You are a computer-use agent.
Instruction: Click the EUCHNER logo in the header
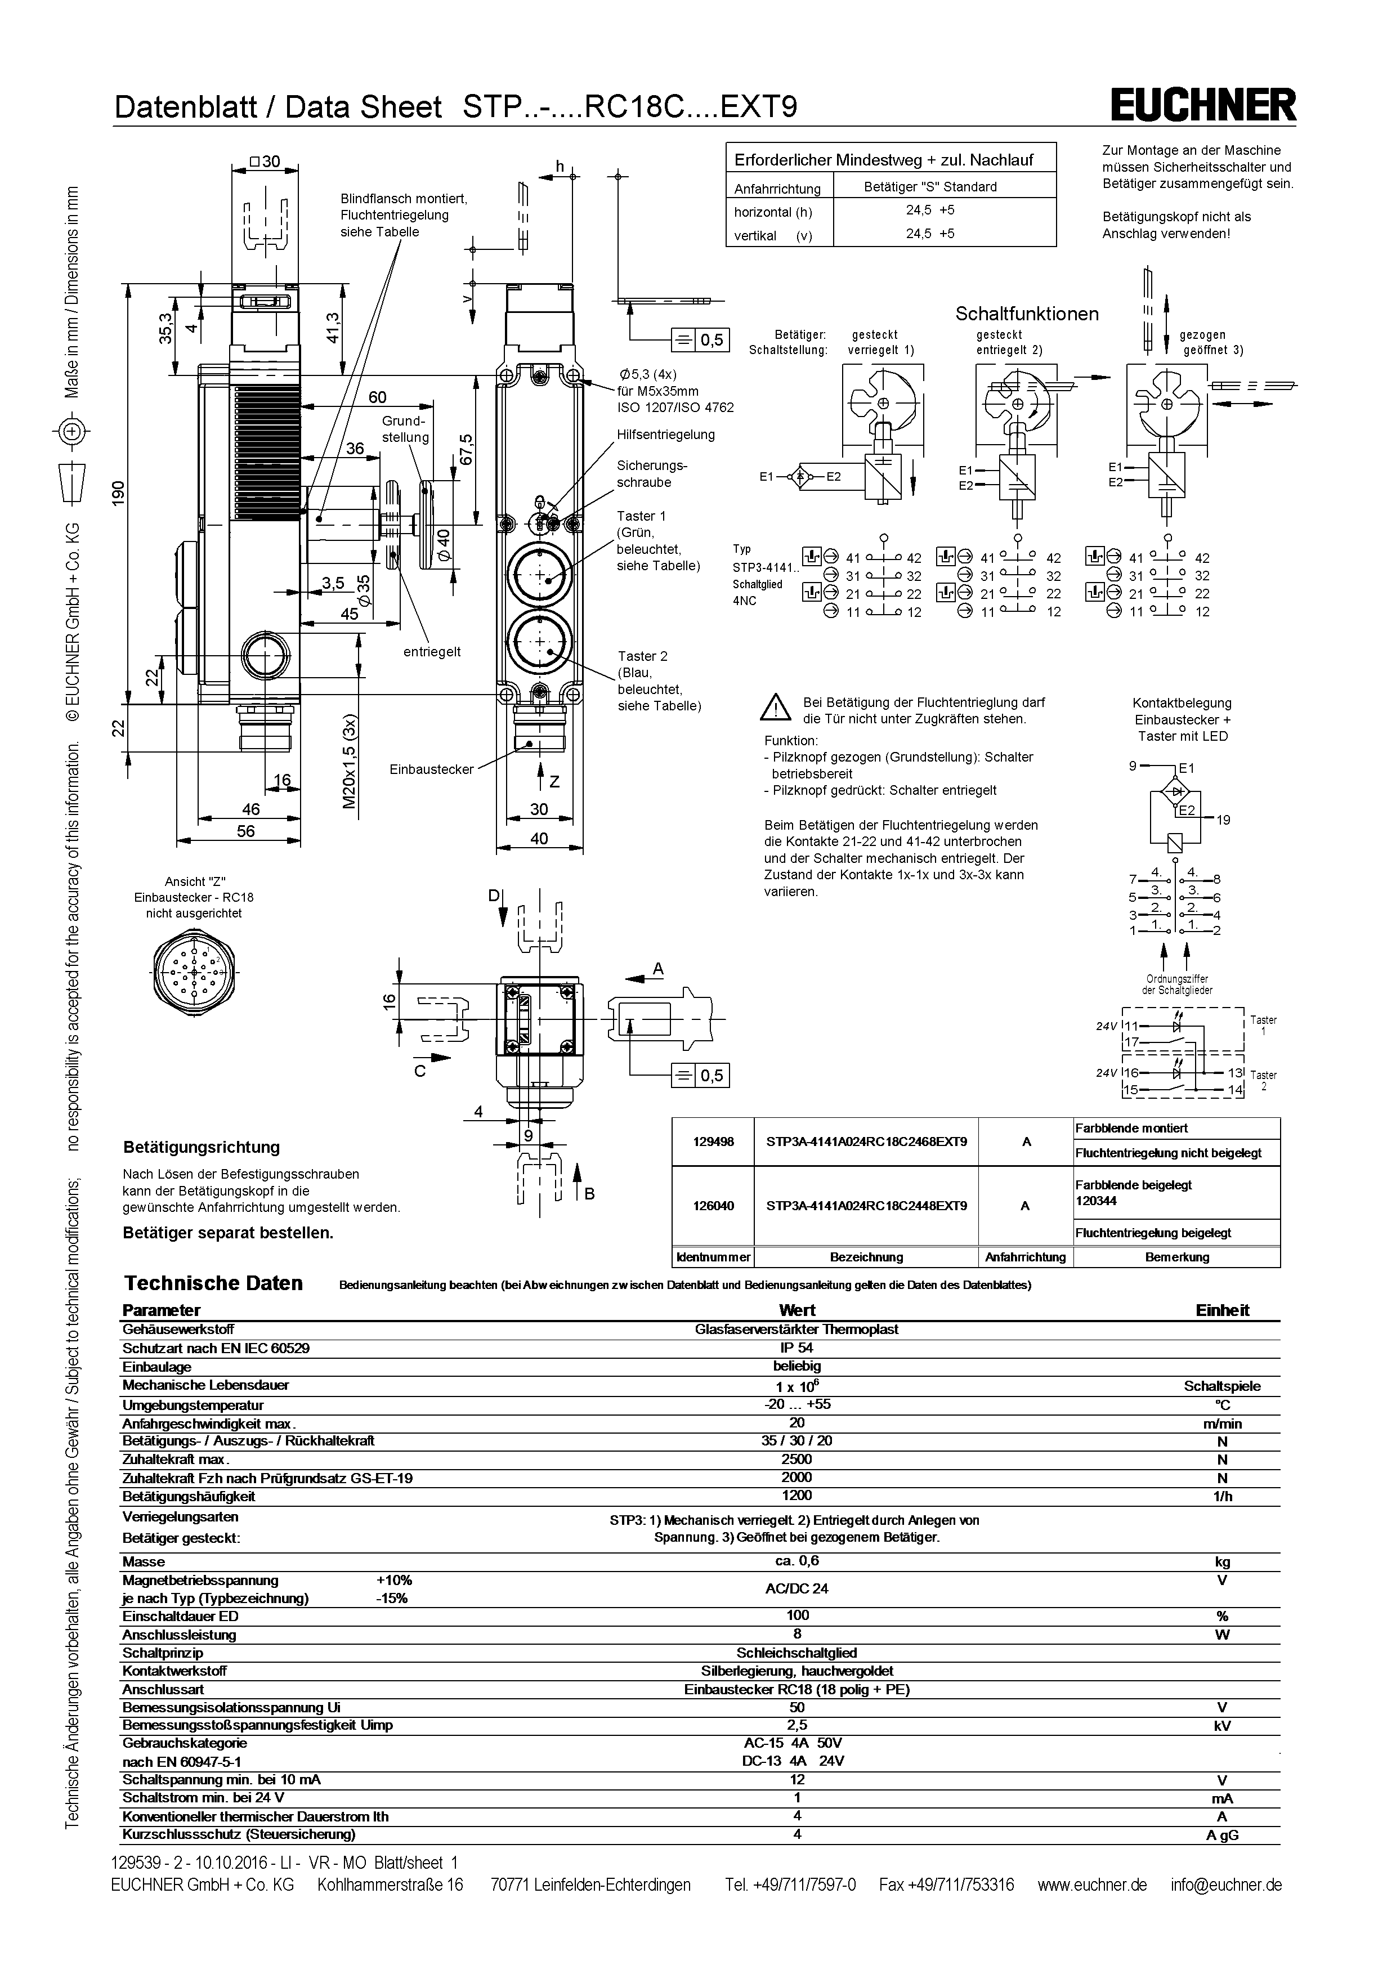1202,106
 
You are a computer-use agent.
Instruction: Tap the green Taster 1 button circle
539,576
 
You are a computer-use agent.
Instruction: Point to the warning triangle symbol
775,708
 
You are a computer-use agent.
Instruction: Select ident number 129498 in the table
713,1142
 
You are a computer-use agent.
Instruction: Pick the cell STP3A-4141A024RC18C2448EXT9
866,1205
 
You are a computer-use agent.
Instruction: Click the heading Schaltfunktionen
1026,314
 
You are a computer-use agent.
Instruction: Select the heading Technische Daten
213,1283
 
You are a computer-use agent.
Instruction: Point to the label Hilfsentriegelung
665,434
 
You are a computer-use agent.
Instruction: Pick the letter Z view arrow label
554,781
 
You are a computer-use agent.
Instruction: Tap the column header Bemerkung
1177,1257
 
